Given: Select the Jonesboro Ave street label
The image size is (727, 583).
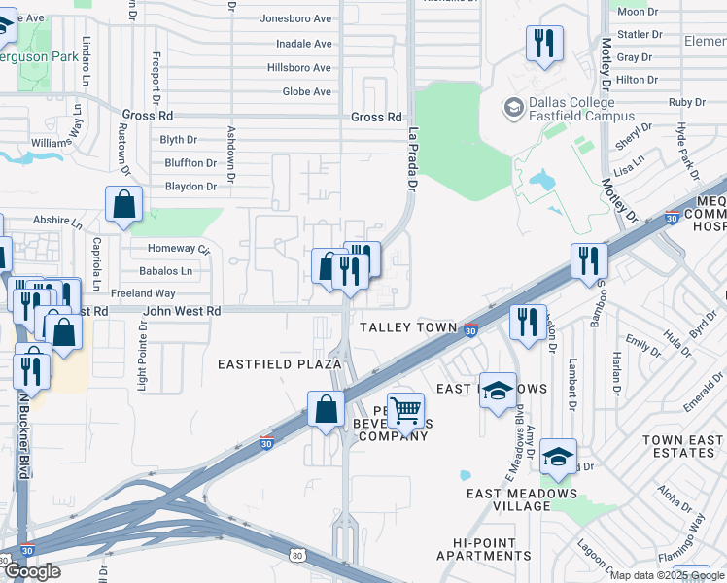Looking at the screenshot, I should [x=296, y=18].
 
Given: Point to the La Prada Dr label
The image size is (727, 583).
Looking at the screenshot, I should [x=412, y=160].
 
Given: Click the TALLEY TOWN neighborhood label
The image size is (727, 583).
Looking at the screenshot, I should [x=408, y=328].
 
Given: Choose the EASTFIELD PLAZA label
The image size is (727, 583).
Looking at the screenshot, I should [x=279, y=363].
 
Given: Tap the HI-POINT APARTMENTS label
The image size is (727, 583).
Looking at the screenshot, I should [x=484, y=549].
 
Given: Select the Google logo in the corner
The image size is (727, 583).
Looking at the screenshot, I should [x=32, y=571].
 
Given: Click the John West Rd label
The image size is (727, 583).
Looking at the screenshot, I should [x=182, y=311].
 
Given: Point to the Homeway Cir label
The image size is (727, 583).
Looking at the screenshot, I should [x=171, y=249].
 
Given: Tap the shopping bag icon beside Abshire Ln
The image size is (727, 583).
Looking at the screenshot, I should [x=124, y=205].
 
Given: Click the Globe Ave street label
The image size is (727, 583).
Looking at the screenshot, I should [x=306, y=92].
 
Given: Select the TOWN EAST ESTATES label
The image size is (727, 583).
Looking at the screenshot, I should [x=683, y=446].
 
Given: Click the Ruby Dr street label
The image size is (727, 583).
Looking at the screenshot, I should [x=686, y=102].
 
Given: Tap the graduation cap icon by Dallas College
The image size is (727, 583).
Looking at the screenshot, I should [x=512, y=107].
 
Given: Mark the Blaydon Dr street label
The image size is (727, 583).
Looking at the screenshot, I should [x=190, y=187].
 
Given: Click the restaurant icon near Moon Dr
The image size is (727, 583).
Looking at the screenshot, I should [x=541, y=43].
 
